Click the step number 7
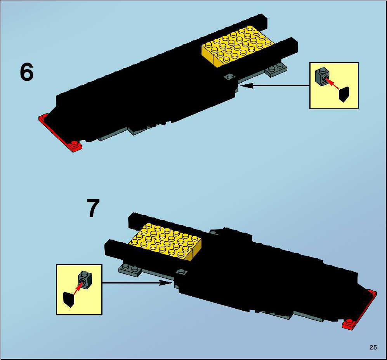[x=93, y=208]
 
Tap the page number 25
[x=373, y=348]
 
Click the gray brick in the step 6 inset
[x=322, y=76]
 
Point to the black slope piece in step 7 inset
[x=69, y=299]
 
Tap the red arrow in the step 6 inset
[x=333, y=83]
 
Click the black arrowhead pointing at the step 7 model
[x=165, y=283]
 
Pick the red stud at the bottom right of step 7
[x=349, y=322]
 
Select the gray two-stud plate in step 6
[x=276, y=70]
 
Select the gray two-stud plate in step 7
[x=130, y=270]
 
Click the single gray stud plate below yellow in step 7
[x=181, y=272]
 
